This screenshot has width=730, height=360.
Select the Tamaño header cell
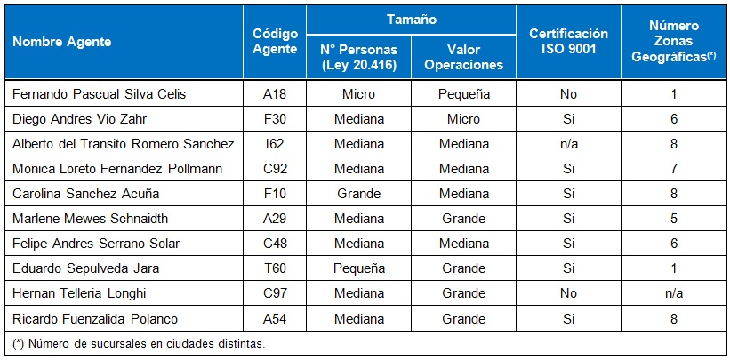coord(410,18)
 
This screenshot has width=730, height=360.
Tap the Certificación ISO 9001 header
coord(568,41)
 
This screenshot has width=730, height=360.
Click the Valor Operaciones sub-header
coord(463,57)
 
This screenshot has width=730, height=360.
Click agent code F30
coord(274,118)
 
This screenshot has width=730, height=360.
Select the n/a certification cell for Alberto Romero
coord(568,143)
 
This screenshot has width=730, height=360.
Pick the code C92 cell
coord(274,168)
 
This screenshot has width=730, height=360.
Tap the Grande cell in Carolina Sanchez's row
coord(358,193)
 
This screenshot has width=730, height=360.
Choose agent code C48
coord(274,243)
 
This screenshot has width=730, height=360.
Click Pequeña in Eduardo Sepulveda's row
coord(358,268)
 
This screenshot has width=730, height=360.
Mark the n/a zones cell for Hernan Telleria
coord(673,292)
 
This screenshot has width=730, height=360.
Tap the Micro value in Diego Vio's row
coord(463,118)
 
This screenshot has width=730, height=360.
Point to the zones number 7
coord(673,168)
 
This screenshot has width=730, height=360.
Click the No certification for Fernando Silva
coord(568,93)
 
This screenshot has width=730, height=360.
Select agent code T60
coord(274,268)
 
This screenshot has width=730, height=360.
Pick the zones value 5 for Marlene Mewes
coord(673,218)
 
